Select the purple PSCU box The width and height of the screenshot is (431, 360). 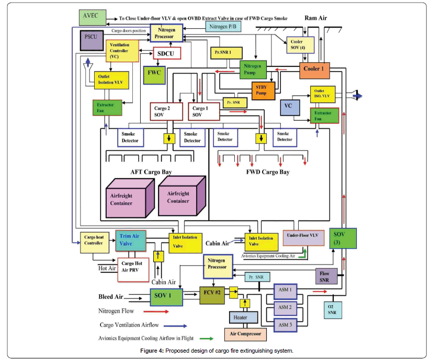(89, 41)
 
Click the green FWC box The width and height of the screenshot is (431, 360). (154, 73)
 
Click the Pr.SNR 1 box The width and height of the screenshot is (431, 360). (226, 53)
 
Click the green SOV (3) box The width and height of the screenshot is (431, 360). (343, 239)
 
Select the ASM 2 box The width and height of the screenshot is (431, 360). (285, 307)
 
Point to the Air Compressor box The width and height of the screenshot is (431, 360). (245, 334)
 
